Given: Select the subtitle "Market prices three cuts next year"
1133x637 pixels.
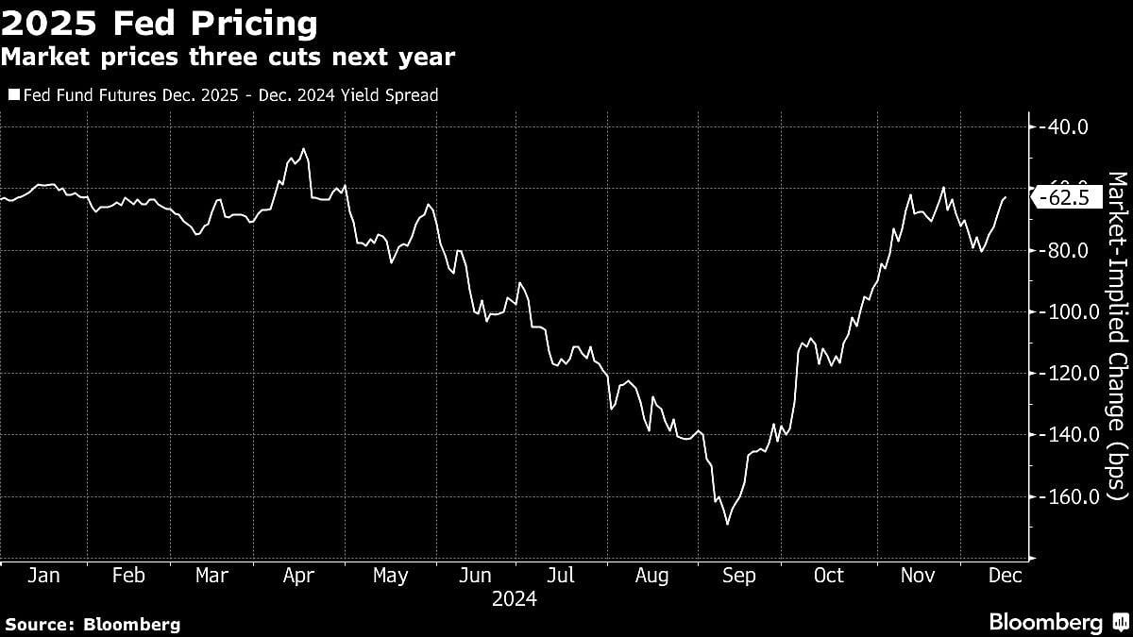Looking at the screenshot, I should pyautogui.click(x=228, y=58).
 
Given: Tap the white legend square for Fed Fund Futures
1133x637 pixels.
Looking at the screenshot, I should pyautogui.click(x=13, y=94).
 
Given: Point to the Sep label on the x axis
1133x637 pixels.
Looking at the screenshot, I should pyautogui.click(x=739, y=576).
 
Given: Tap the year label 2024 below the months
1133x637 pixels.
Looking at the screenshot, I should pyautogui.click(x=515, y=599).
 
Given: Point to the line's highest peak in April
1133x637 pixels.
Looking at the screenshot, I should pyautogui.click(x=303, y=148).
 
